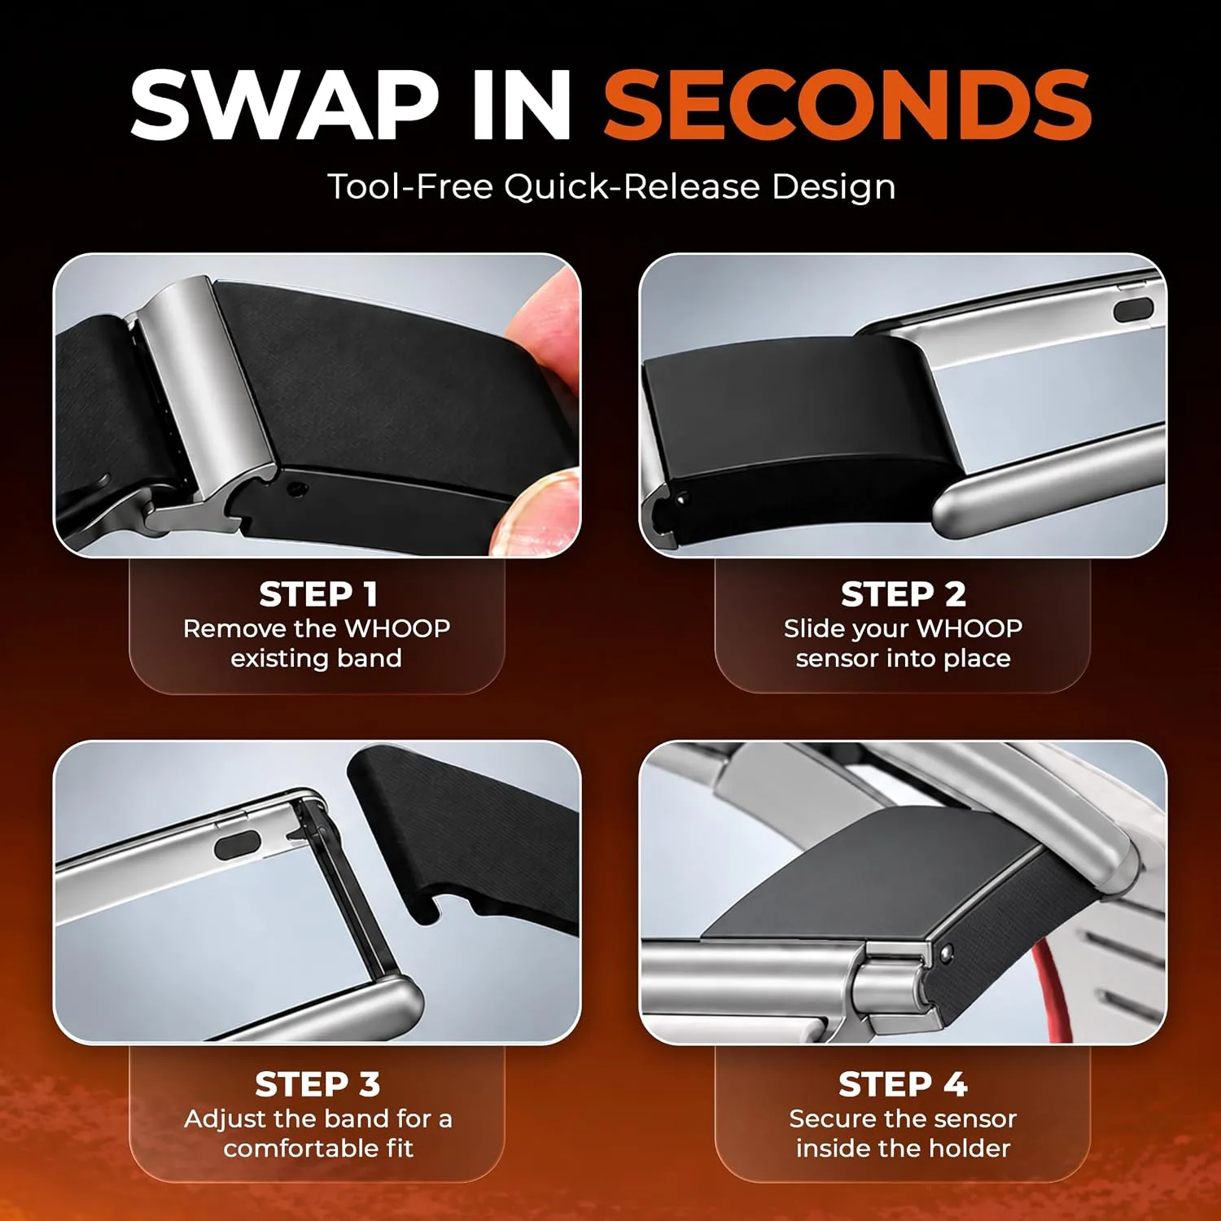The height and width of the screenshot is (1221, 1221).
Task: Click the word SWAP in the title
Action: click(284, 105)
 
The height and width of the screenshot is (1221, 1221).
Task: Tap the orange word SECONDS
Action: click(847, 105)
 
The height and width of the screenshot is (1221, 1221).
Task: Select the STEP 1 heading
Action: click(318, 594)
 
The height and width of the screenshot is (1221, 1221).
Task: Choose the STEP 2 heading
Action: click(904, 594)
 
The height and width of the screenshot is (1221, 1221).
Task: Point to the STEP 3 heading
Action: click(317, 1084)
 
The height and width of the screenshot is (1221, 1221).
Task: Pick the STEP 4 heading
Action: click(904, 1084)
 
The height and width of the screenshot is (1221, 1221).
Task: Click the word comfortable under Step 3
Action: click(292, 1149)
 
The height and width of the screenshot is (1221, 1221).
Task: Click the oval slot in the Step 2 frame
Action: click(1133, 309)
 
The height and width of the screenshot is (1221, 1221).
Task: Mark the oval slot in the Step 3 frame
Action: click(237, 847)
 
